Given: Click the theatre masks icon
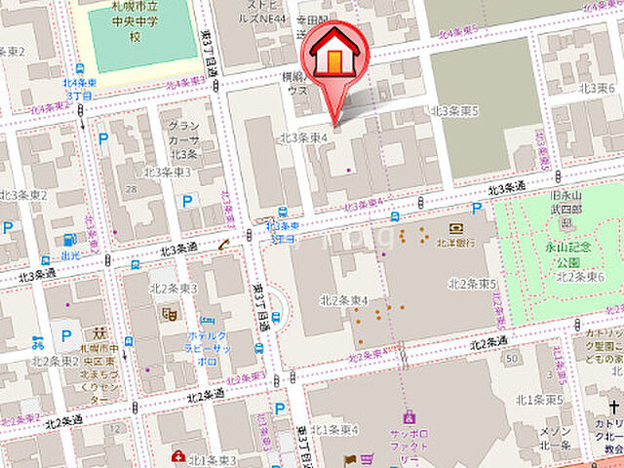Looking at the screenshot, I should pos(168,314).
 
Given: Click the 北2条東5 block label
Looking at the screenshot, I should pos(472,283).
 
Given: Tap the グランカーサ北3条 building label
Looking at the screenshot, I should pos(183,138).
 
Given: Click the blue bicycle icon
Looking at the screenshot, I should pos(37,342).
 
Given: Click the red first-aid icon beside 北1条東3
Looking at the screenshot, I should pos(178,456).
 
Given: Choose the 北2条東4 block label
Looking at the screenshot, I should pos(343,299).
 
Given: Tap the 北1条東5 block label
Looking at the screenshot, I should pos(539,400).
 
